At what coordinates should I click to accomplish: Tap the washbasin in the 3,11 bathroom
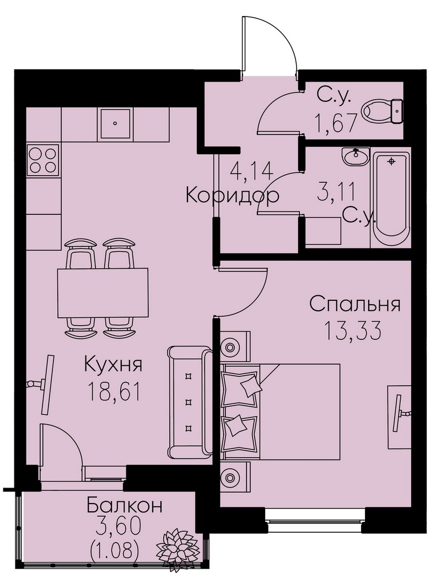point(356,156)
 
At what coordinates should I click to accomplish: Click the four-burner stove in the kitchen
point(43,160)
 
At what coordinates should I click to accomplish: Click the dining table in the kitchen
point(103,293)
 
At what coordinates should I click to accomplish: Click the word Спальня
point(354,305)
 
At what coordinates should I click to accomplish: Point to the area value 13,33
point(352,330)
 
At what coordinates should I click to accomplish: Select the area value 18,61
point(114,391)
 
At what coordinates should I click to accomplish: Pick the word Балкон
point(125,505)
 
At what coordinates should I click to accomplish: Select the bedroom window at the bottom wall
point(315,520)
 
